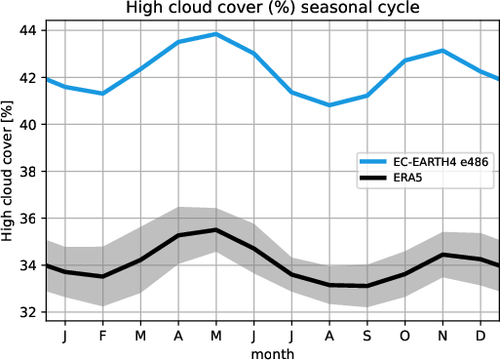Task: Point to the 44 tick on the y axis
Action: [30, 30]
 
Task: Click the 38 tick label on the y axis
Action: [30, 172]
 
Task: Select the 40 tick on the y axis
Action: [30, 125]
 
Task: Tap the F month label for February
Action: [102, 335]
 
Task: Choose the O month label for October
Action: [405, 335]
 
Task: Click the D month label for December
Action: [481, 335]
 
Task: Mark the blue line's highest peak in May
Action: [216, 34]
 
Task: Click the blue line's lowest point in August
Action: [329, 104]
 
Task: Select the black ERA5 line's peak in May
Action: [216, 229]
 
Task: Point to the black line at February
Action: [102, 276]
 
